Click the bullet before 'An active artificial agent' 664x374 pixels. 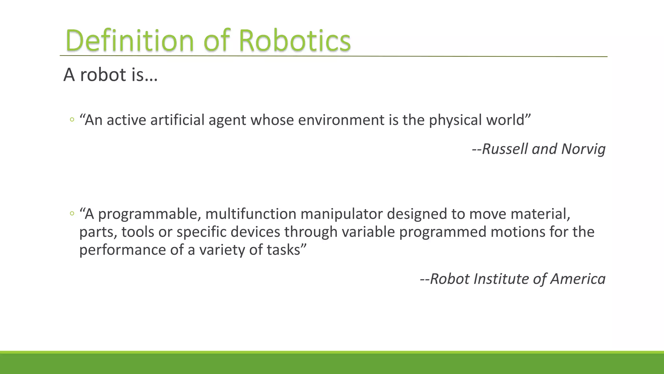click(72, 120)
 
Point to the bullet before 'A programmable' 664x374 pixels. click(72, 214)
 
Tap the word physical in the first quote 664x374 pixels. click(455, 120)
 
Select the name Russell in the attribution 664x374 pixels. click(505, 149)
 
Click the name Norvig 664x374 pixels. click(583, 149)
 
